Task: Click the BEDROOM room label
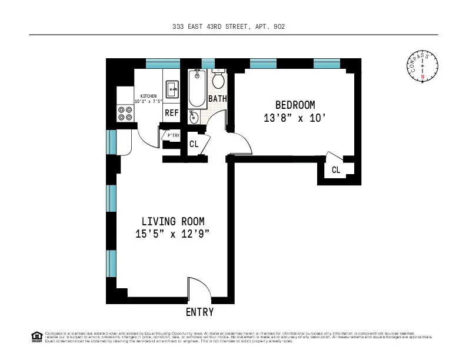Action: click(295, 105)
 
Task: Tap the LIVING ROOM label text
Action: click(173, 221)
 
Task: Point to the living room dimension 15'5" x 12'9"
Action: click(173, 234)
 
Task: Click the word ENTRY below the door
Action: click(199, 312)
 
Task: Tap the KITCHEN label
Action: click(148, 96)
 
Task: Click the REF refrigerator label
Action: click(171, 113)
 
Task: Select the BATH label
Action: click(217, 99)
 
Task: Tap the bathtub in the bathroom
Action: click(197, 88)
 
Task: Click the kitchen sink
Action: click(172, 89)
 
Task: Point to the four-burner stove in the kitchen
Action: click(125, 113)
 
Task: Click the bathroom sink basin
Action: click(194, 117)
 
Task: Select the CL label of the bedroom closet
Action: click(336, 170)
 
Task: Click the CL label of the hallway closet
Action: click(194, 144)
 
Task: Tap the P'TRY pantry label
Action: click(173, 135)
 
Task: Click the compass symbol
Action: click(422, 66)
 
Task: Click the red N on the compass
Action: click(422, 77)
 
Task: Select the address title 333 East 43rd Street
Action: click(233, 26)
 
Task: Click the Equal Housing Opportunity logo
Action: click(36, 336)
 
